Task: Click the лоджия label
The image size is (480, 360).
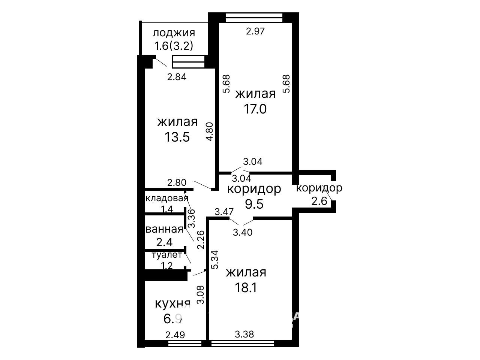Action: coord(174,33)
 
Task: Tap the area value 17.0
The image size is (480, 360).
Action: coord(255,109)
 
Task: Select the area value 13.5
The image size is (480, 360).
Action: coord(177,137)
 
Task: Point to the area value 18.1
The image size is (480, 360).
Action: coord(246,287)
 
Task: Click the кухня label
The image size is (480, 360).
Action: coord(173,304)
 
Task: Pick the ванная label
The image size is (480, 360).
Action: coord(164,229)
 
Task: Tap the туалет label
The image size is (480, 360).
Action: coord(167,255)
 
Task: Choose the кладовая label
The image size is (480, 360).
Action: coord(167,198)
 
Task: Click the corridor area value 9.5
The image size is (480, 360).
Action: coord(254,205)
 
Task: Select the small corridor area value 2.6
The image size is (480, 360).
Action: coord(319,201)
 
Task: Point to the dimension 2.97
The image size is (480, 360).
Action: coord(255,31)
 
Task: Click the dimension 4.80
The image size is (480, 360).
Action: coord(209,131)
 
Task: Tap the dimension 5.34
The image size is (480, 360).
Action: coord(215,260)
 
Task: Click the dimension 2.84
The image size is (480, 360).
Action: coord(177,77)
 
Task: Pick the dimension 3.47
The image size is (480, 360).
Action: coord(224,212)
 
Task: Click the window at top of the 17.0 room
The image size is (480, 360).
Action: coord(254,18)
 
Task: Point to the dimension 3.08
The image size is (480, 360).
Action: coord(201,295)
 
